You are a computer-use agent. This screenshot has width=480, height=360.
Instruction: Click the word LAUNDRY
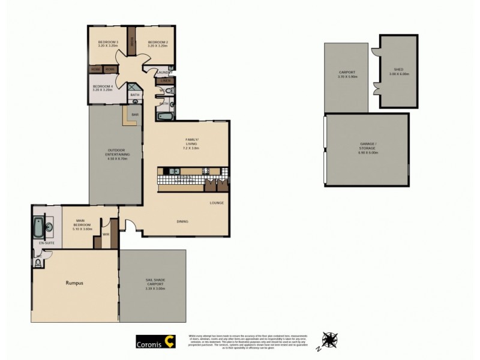[164, 73]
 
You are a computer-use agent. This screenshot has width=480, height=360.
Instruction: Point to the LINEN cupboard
[166, 80]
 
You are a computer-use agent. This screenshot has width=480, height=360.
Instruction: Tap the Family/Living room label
[191, 142]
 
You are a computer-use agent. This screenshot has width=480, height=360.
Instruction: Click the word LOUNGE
[217, 203]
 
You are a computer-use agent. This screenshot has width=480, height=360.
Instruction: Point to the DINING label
[182, 221]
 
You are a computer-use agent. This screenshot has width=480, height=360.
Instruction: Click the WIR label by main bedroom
[106, 234]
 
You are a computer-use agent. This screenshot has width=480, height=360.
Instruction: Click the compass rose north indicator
[329, 340]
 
